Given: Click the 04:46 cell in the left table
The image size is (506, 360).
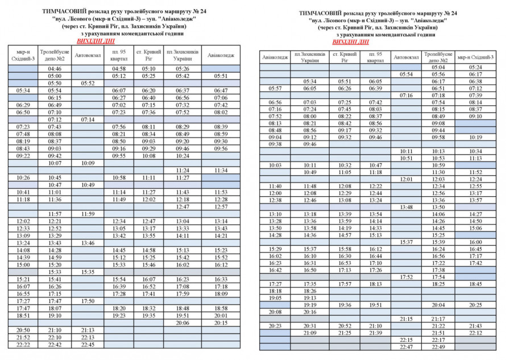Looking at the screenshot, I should point(55,69).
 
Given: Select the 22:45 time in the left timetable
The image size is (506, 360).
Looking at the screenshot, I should point(88,345).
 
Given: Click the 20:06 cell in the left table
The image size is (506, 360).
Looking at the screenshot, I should point(183,322).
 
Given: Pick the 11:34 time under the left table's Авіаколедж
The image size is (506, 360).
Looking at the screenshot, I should point(221,170).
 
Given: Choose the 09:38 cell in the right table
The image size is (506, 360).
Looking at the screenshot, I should point(275,144).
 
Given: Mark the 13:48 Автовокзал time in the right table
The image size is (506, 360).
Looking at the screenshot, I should point(406,207).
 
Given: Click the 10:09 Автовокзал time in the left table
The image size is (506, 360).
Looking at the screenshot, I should point(88,163).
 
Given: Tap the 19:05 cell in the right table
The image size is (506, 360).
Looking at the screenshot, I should point(275,297).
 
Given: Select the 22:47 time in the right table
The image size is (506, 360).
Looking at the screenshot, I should point(406,347).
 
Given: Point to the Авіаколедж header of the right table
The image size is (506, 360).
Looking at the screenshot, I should point(275,57).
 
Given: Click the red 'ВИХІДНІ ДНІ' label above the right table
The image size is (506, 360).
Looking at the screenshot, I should point(351,42).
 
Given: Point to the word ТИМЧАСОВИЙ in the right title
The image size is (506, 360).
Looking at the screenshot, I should point(317,13).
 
